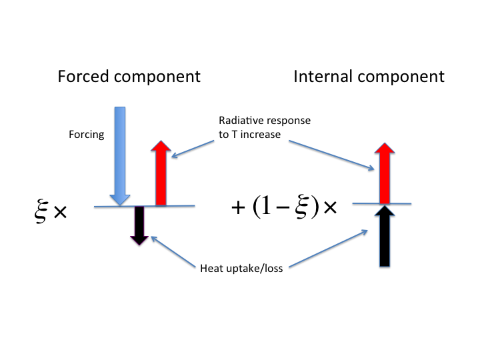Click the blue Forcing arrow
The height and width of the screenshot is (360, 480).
(120, 156)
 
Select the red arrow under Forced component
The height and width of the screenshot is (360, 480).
(161, 173)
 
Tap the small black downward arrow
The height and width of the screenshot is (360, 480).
(139, 225)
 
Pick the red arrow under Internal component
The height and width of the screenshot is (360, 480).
(385, 173)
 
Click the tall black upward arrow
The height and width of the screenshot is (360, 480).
(385, 236)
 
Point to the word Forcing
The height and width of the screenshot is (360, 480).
(86, 135)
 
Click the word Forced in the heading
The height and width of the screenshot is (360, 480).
(83, 76)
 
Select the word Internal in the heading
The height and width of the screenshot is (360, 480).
(323, 76)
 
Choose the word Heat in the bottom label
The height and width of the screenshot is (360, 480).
(211, 268)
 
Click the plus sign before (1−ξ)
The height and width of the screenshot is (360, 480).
(238, 208)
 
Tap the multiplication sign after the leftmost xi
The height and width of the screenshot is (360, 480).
(60, 212)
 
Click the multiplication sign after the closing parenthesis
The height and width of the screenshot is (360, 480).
(330, 207)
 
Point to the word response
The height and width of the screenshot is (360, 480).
(290, 121)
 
